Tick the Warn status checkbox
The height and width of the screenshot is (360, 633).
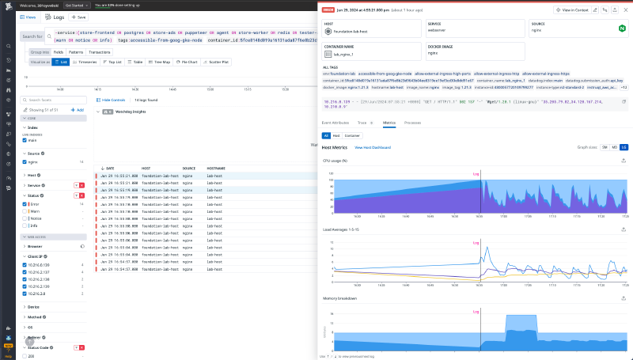25,211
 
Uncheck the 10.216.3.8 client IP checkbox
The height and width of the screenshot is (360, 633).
25,293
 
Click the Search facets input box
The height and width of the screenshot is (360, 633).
55,100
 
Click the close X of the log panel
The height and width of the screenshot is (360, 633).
624,9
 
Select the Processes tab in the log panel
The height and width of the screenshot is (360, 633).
413,123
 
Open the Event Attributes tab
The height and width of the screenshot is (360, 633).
336,123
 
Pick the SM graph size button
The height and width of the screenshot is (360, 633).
605,147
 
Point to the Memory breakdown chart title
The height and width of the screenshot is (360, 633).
339,298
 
